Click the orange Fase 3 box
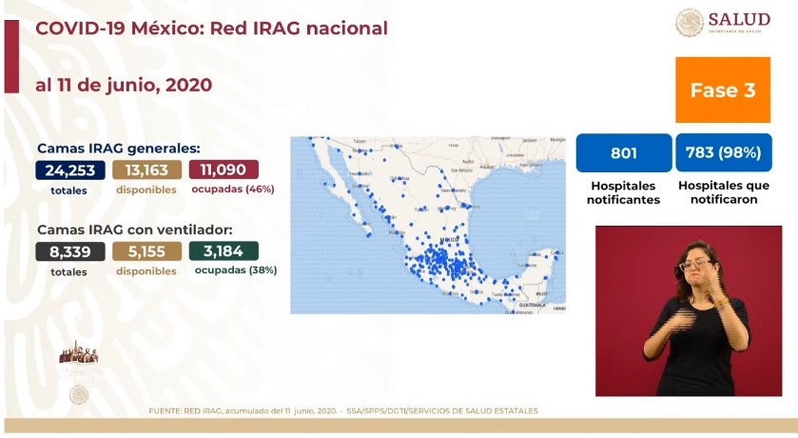point(723,90)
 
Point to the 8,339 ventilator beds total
point(69,252)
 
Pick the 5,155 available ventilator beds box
point(146,252)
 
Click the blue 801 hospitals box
point(623,152)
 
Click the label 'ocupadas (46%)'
point(233,189)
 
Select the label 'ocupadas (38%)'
point(236,270)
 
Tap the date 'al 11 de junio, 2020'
point(124,85)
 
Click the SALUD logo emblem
point(690,23)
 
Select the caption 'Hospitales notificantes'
point(623,192)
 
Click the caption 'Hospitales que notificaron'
point(724,192)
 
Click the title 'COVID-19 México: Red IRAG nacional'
point(211,29)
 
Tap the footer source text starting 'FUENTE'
point(343,411)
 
